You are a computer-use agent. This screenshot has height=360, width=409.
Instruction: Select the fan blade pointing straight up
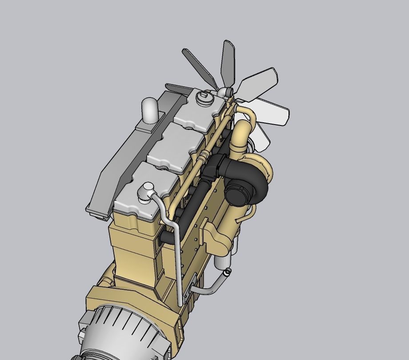[229, 60]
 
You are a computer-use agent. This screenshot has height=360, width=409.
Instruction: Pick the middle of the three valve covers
[175, 149]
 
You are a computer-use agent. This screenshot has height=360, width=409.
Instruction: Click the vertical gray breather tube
[177, 263]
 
